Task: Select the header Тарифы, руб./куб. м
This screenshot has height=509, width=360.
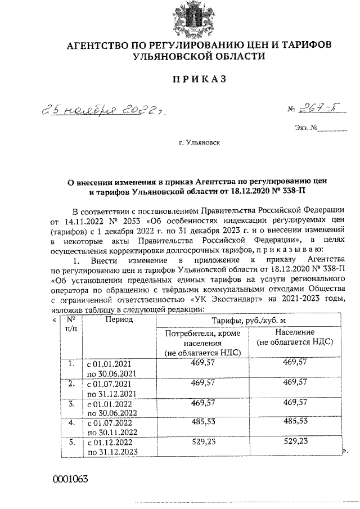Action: tap(244, 321)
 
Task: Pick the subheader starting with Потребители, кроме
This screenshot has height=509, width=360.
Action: tap(202, 343)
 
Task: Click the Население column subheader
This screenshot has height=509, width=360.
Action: tap(295, 338)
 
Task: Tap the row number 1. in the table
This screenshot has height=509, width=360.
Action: tap(71, 364)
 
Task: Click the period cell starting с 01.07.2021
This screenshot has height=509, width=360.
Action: tap(110, 389)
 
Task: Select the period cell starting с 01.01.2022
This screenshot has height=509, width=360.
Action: tap(110, 408)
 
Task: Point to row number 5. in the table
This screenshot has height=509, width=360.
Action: tap(71, 442)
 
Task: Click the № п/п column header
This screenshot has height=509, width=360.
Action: tap(71, 323)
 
